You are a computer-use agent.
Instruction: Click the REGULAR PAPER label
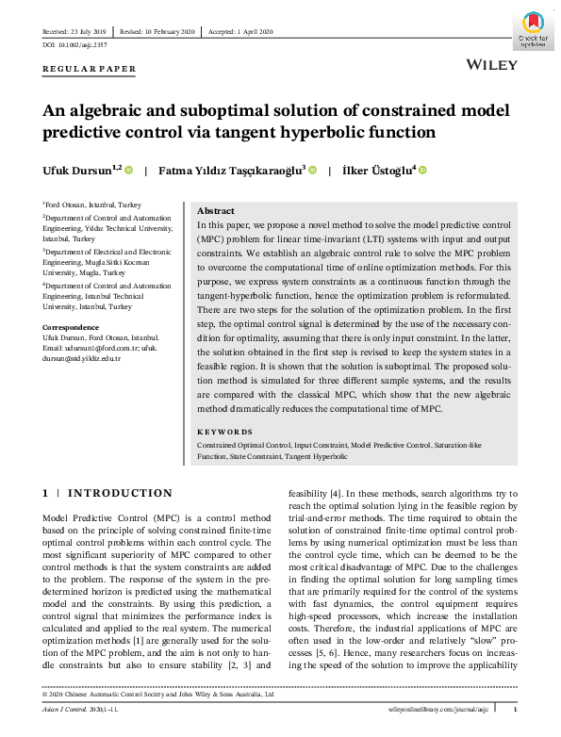90,69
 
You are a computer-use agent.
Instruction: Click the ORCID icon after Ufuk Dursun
129,171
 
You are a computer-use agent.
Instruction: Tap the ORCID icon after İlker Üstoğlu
422,171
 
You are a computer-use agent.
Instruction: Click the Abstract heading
216,213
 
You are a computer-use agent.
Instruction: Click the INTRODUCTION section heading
120,493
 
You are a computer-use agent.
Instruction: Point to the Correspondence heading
73,327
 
